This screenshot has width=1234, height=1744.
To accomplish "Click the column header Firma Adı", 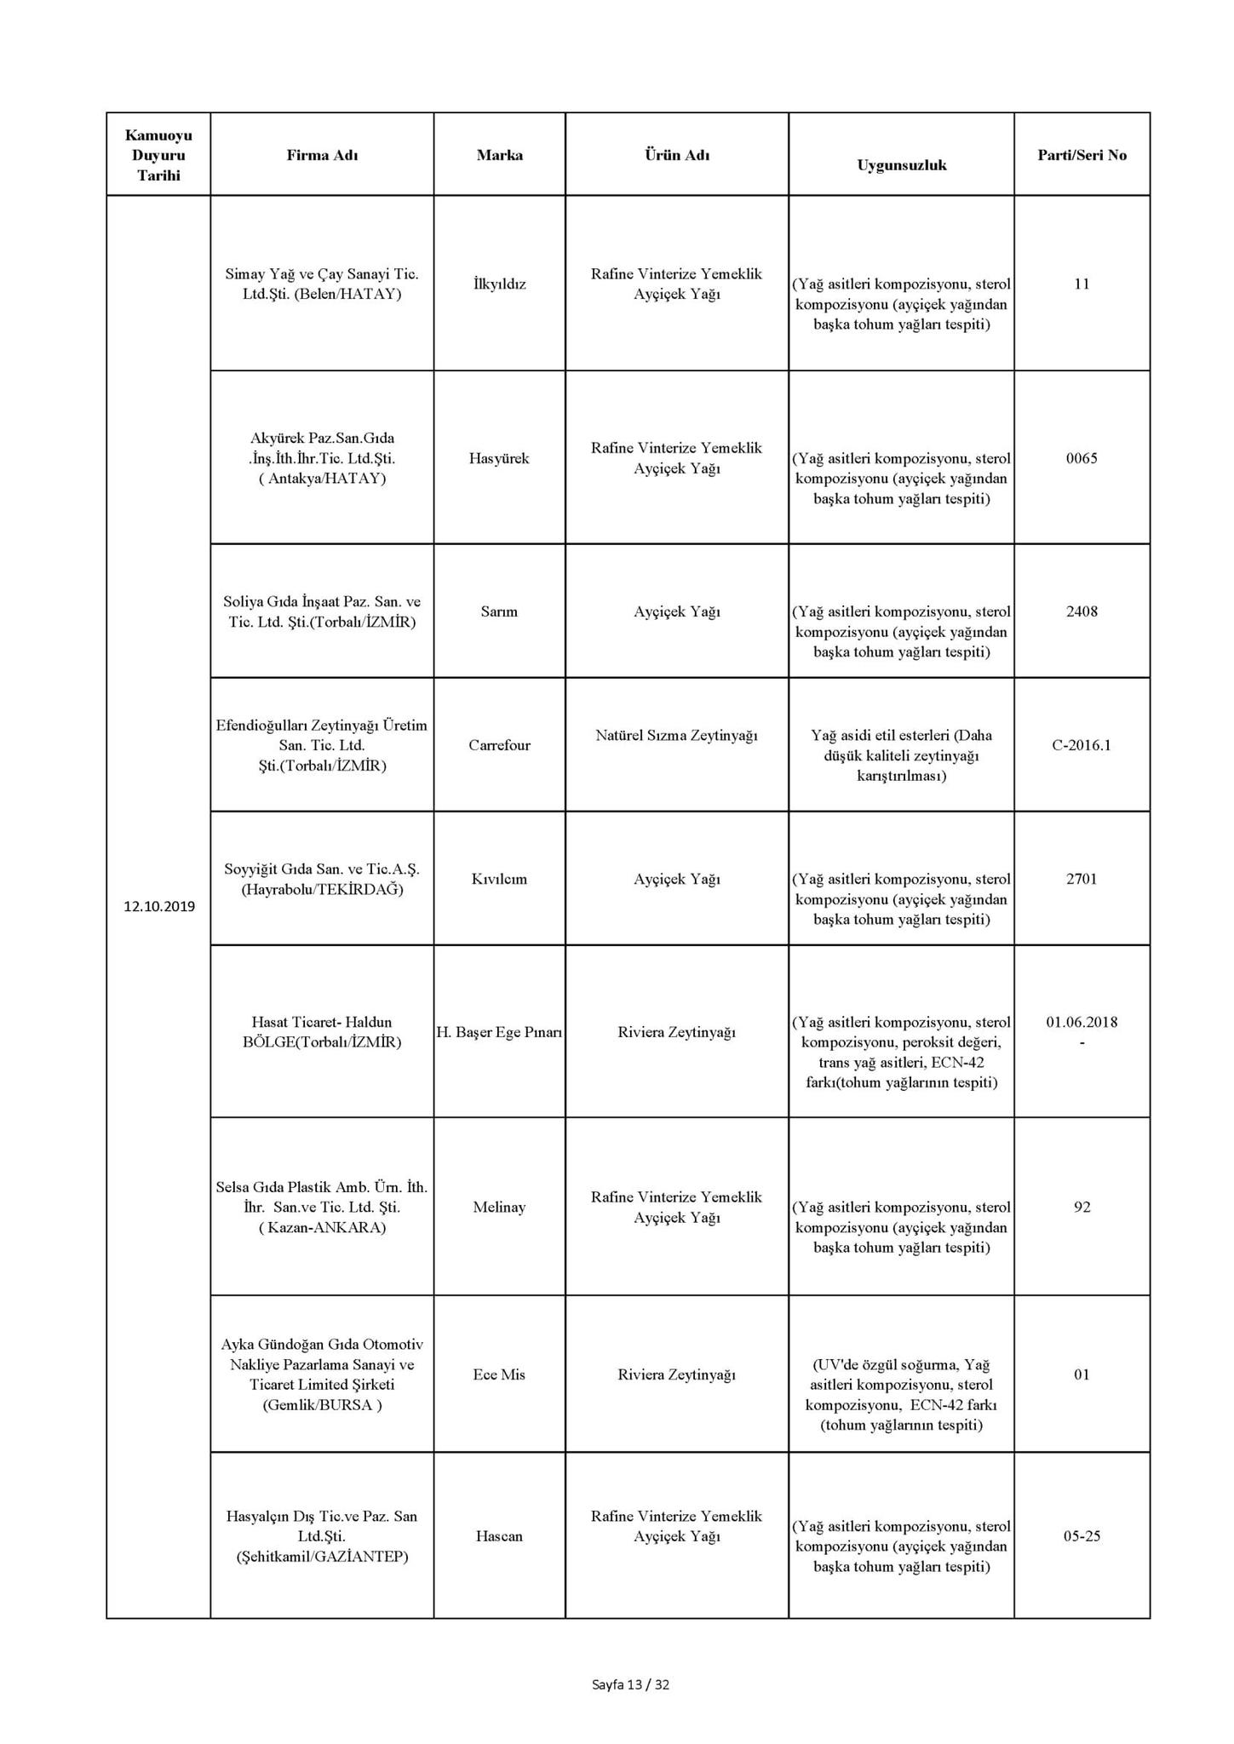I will pos(321,155).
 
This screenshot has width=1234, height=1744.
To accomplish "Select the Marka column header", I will pos(499,155).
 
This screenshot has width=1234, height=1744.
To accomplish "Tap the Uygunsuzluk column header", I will pos(901,165).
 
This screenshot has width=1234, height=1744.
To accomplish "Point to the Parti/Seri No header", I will pos(1082,155).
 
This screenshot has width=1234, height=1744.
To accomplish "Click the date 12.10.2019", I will pos(158,906).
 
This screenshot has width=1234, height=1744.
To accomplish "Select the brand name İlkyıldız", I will pos(499,284).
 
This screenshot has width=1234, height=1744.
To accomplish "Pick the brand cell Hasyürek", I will pos(499,458).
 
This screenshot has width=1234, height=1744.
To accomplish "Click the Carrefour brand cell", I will pos(499,745).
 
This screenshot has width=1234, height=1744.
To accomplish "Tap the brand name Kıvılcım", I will pos(499,879).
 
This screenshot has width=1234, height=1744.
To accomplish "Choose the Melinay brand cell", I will pos(499,1207).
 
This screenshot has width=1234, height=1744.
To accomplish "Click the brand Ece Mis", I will pos(499,1374).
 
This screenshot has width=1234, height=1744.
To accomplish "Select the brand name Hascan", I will pos(499,1536).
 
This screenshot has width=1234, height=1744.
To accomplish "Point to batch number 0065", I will pos(1082,458).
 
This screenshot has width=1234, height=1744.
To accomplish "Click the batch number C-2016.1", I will pos(1082,745).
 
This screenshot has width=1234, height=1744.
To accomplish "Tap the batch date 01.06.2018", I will pos(1082,1022).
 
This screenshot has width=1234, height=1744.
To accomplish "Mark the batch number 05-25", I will pos(1082,1536).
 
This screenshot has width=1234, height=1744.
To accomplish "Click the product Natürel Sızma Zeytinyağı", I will pos(676,735).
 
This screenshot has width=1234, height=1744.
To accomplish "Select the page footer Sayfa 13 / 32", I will pos(630,1684).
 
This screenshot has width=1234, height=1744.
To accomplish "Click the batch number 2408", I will pos(1082,611).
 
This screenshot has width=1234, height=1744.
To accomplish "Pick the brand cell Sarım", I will pos(499,611).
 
